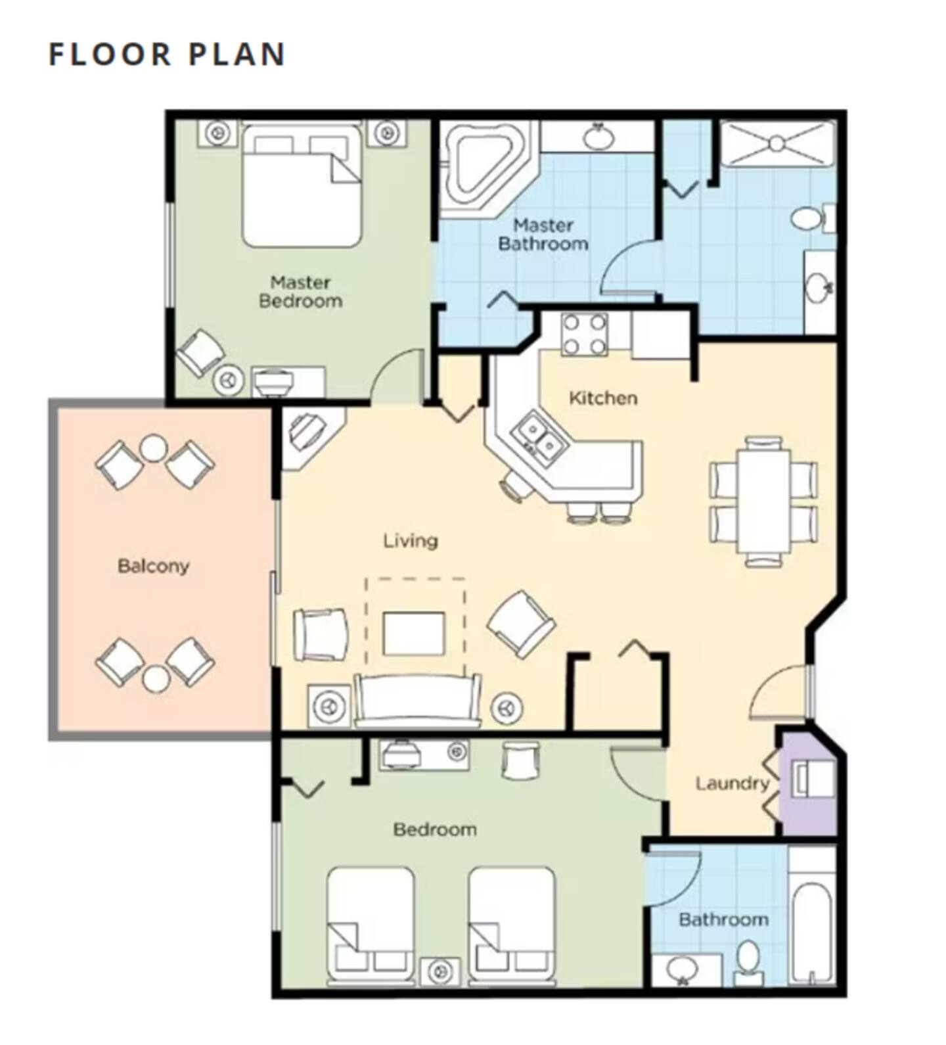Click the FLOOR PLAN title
point(167,55)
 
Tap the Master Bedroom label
point(300,292)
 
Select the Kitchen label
point(602,398)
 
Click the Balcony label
point(153,566)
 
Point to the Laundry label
point(732,783)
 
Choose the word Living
point(411,541)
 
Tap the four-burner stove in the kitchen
point(584,335)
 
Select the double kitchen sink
point(541,436)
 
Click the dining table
point(763,500)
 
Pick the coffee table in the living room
point(414,633)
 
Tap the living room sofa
point(417,701)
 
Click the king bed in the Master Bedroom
point(302,186)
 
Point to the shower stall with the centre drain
point(777,143)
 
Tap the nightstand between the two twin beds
point(441,971)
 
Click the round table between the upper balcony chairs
point(154,448)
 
